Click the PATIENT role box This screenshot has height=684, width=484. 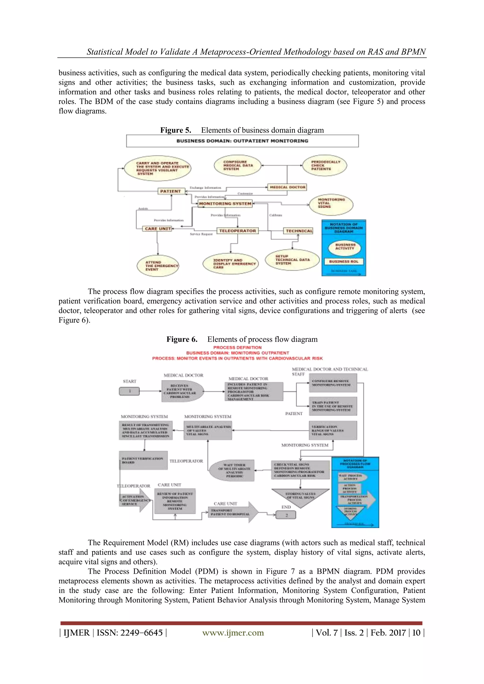[171, 191]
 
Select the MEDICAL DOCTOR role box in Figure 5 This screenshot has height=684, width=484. [287, 187]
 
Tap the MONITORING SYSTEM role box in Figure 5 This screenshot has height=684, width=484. [225, 204]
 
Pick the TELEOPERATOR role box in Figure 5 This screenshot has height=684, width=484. [237, 231]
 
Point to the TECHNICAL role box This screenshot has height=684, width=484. [298, 231]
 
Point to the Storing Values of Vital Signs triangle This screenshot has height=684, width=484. [301, 496]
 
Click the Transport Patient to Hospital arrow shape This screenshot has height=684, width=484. [233, 512]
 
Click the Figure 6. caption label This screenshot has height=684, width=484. [182, 339]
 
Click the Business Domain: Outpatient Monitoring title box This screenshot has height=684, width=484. [242, 141]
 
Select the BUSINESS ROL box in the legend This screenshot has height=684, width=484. [344, 262]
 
